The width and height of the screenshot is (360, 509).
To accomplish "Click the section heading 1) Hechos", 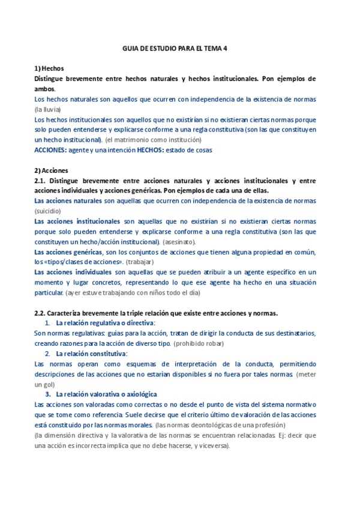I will pyautogui.click(x=49, y=68).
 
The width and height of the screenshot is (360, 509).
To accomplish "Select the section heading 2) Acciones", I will pyautogui.click(x=52, y=170).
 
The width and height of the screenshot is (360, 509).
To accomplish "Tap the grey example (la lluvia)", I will pyautogui.click(x=48, y=109).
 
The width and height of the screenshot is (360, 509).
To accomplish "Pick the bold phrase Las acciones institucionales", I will pyautogui.click(x=77, y=221).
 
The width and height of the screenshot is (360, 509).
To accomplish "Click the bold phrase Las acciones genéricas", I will pyautogui.click(x=68, y=252).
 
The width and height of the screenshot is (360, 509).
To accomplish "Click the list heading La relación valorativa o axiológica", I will pyautogui.click(x=106, y=394).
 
